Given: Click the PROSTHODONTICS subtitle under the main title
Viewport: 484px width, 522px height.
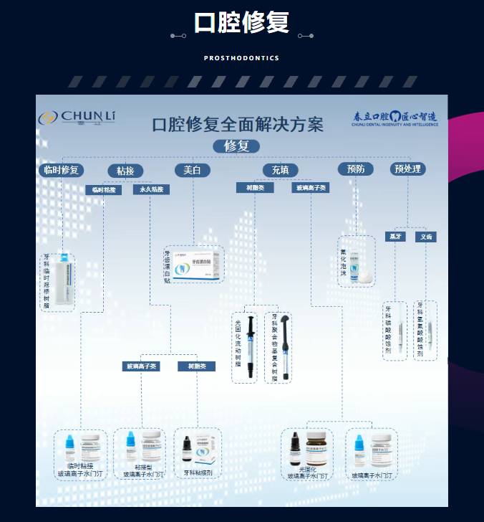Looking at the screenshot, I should point(241,58).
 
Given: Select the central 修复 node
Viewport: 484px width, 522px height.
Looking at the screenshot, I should point(236,146).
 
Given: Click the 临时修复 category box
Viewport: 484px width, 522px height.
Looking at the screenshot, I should point(62,170).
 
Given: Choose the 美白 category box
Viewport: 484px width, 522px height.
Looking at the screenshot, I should point(192,170).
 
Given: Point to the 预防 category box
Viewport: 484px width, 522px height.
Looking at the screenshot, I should point(356,169).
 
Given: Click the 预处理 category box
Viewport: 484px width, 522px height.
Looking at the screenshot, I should point(408,169).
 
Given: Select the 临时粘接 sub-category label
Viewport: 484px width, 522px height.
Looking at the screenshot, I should point(103,190).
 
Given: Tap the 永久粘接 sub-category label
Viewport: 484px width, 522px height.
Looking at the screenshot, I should point(151,190).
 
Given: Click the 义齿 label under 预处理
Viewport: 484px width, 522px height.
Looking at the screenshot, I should point(426,237).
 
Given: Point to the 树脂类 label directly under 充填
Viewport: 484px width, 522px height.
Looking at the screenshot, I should point(255,188).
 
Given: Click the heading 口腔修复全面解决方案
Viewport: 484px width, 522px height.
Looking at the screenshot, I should point(238,123).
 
